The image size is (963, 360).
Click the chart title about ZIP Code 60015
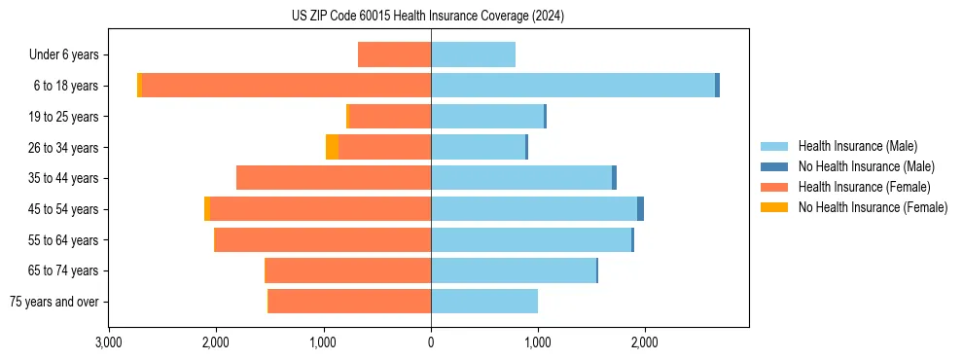427,17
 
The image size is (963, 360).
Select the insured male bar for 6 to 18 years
573,86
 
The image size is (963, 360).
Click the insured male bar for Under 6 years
473,54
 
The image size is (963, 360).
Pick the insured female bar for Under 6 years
394,54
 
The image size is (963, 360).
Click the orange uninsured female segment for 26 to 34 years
332,147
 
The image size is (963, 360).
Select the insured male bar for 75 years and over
484,301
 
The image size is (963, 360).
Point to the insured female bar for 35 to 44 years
334,178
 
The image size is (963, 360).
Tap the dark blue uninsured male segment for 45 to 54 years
640,208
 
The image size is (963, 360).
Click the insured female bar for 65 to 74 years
348,270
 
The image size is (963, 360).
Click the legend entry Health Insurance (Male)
857,147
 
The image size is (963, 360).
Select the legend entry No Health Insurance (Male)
866,167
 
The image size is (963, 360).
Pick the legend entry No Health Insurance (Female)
873,207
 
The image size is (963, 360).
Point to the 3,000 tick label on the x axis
109,342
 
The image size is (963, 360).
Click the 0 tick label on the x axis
431,342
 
